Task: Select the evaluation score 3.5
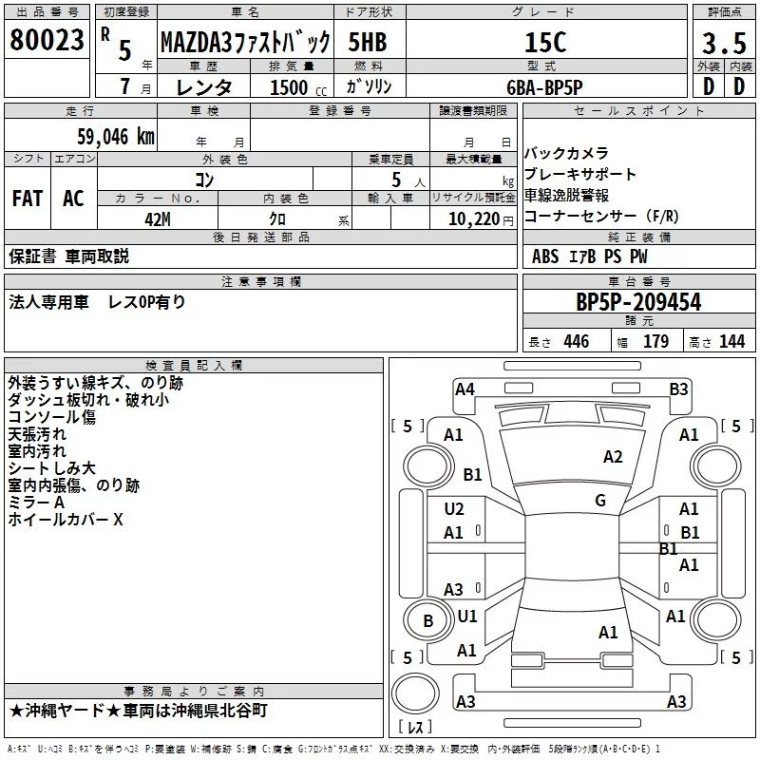tap(722, 44)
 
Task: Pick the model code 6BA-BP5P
tap(543, 86)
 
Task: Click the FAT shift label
tap(27, 198)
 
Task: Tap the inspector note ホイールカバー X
tap(66, 520)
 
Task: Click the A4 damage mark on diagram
tap(465, 389)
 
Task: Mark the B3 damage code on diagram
tap(678, 389)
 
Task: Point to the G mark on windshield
tap(600, 500)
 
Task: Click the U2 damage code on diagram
tap(454, 509)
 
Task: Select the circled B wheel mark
tap(427, 621)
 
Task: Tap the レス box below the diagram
tap(415, 727)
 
